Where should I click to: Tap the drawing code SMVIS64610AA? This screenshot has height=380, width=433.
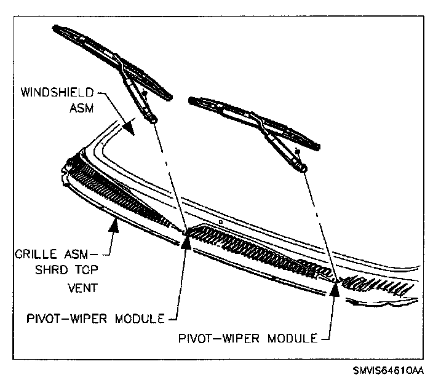tap(388, 371)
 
